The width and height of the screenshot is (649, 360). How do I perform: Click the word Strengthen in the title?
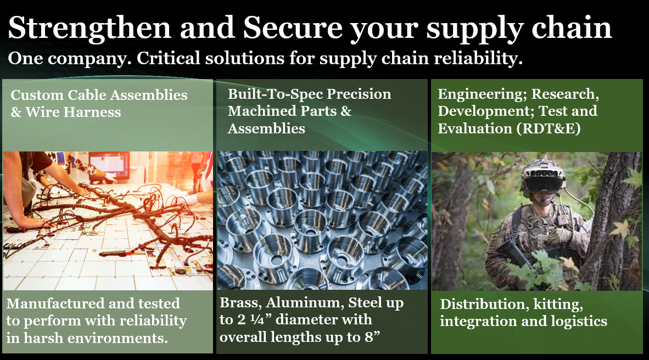click(x=89, y=29)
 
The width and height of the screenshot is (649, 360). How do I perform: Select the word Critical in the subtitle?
click(x=169, y=58)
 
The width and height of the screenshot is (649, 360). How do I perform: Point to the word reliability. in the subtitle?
click(x=478, y=58)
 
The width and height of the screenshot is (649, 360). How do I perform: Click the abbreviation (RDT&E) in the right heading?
click(x=549, y=129)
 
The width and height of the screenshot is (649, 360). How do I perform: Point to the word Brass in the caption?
click(x=240, y=303)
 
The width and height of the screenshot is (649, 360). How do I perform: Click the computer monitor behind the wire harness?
click(x=109, y=164)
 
